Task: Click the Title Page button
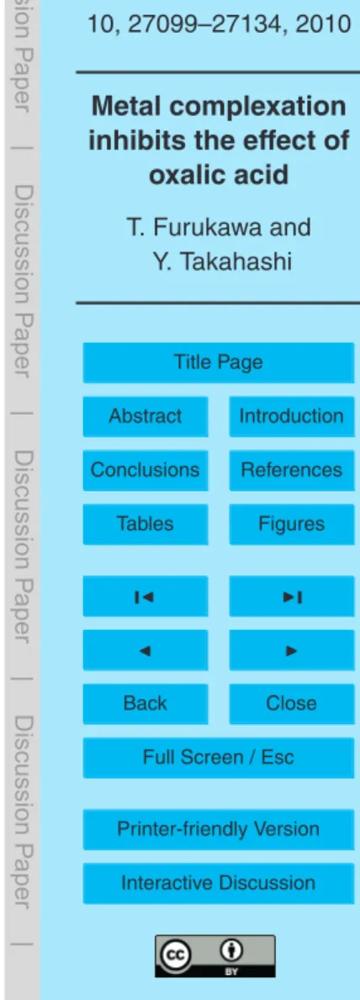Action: (x=218, y=362)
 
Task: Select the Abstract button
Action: (x=145, y=415)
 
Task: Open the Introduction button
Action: (x=291, y=415)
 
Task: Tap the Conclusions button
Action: (x=145, y=470)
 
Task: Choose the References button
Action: (x=291, y=470)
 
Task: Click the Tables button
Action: (x=145, y=524)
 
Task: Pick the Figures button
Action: (x=291, y=524)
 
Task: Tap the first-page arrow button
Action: (x=145, y=595)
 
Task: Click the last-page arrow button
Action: (x=291, y=595)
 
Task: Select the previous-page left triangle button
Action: (x=145, y=649)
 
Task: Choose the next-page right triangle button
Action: (x=291, y=649)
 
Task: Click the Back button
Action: (x=145, y=703)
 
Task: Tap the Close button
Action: (x=291, y=703)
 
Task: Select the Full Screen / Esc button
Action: (x=218, y=757)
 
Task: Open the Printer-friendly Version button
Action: (x=218, y=829)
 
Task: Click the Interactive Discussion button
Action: (x=218, y=883)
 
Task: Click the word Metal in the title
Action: (x=121, y=107)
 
